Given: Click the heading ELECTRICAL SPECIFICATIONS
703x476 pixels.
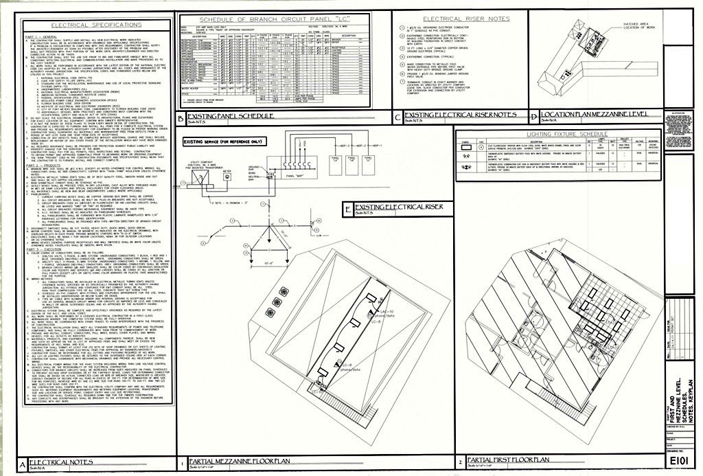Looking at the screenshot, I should point(96,25).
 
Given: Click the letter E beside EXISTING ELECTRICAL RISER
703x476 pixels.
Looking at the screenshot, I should point(348,209).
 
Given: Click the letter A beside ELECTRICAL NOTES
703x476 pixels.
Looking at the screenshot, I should point(23,466).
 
